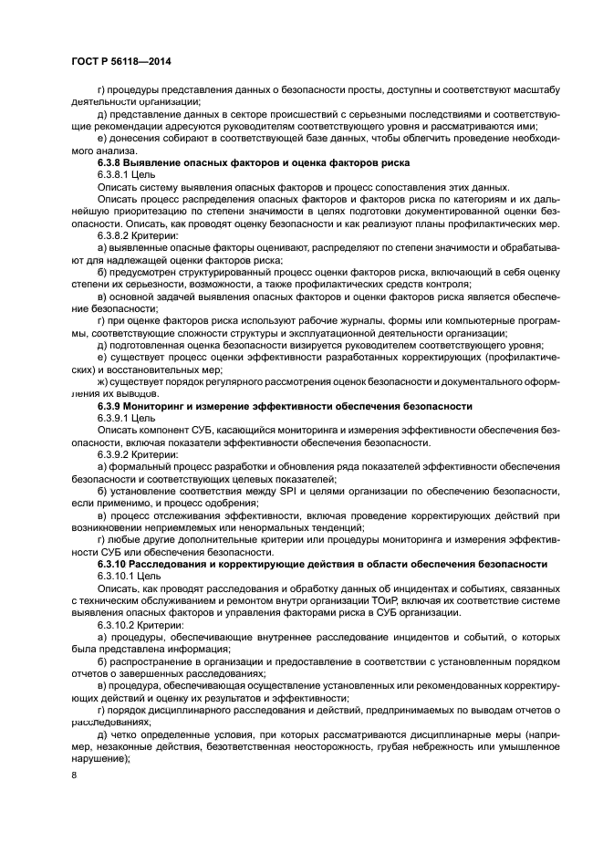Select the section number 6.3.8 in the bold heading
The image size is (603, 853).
point(112,161)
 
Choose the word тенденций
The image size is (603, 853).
point(333,526)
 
